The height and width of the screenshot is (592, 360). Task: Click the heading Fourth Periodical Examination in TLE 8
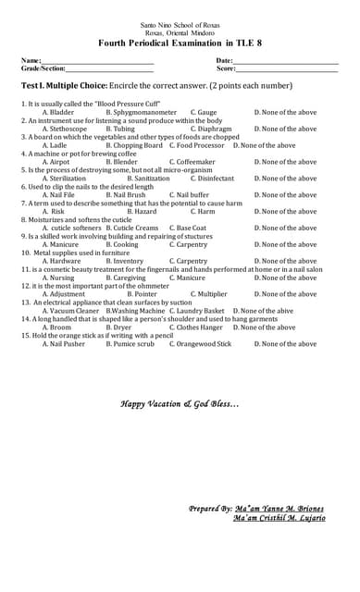point(180,43)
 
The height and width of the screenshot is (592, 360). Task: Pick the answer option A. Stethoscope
point(65,129)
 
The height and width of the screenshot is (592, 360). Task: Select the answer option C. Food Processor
point(196,145)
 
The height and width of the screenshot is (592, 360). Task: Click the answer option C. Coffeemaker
point(192,162)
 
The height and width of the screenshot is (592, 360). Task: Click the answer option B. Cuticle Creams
point(131,228)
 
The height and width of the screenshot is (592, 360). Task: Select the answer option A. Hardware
point(62,262)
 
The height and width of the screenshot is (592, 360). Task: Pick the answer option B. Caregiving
point(126,278)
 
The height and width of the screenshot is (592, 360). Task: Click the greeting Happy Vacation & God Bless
point(180,404)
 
